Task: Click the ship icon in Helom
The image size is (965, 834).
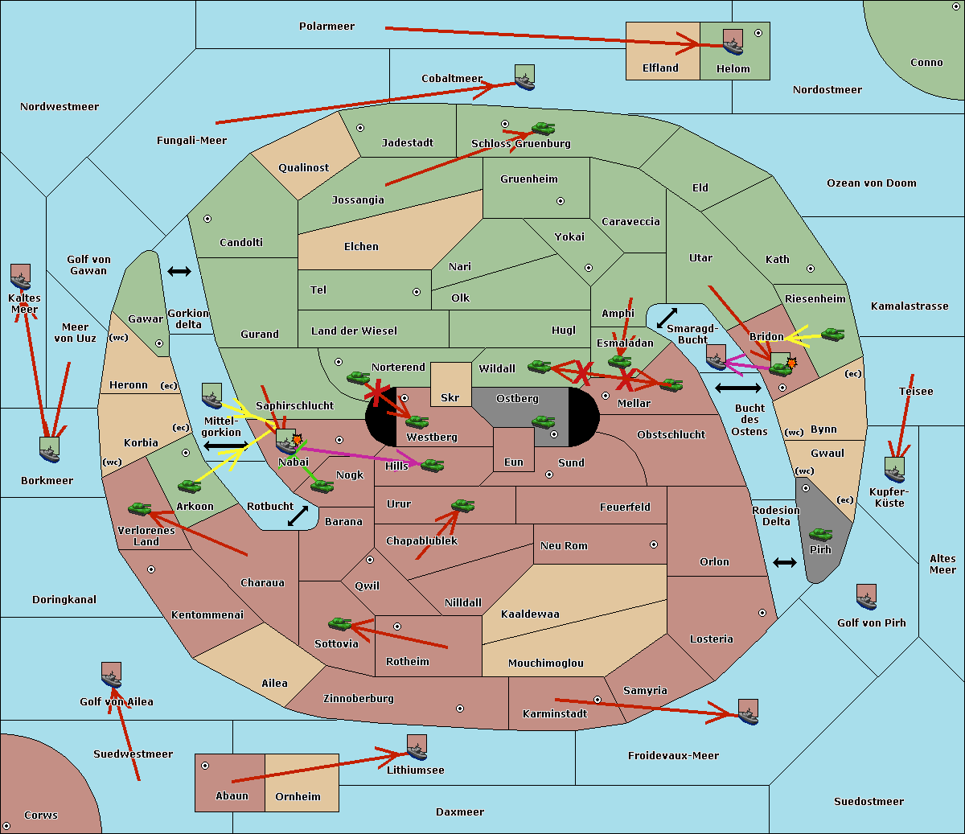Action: coord(733,42)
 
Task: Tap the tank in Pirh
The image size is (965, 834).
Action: coord(820,534)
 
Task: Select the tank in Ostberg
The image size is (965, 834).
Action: coord(543,421)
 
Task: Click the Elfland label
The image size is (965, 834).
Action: coord(660,68)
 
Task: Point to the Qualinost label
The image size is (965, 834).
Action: coord(303,167)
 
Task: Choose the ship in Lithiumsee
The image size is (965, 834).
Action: coord(417,747)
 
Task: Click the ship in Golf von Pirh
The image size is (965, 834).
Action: coord(867,597)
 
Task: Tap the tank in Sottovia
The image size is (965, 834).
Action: coord(339,623)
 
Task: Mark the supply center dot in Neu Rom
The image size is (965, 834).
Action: coord(654,544)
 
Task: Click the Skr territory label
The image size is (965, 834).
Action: coord(450,398)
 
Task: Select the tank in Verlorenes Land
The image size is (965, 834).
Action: coord(139,508)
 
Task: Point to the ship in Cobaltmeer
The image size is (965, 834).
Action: coord(525,77)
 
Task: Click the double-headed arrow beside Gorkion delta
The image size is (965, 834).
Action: coord(179,271)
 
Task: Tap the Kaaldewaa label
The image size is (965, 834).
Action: coord(530,614)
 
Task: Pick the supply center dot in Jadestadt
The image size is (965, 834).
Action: coord(360,128)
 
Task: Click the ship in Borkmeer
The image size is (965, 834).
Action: coord(50,450)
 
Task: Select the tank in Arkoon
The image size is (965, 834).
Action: coord(189,486)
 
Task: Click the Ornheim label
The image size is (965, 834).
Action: coord(298,796)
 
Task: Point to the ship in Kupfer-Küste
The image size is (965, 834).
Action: coord(894,470)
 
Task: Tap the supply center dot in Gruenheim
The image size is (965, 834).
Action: coord(561,201)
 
